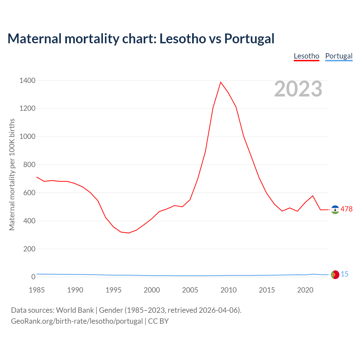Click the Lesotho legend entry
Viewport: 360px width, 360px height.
[x=306, y=56]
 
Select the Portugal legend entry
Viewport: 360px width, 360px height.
[x=339, y=56]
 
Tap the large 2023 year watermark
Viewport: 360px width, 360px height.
[x=298, y=89]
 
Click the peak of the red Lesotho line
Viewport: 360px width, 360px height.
[x=221, y=82]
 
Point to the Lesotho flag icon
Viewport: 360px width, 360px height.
[x=335, y=210]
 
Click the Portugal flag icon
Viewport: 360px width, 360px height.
[x=335, y=274]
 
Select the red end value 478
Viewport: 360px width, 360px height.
[x=346, y=209]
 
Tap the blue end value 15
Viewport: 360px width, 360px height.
[x=345, y=274]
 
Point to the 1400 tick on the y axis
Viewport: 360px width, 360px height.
[x=27, y=81]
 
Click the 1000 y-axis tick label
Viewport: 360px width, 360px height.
[x=27, y=137]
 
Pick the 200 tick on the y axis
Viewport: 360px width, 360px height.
[x=29, y=249]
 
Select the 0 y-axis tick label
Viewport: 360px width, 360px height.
[x=33, y=277]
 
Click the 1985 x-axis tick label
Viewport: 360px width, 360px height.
[x=37, y=290]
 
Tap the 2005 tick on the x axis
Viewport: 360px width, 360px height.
[x=190, y=290]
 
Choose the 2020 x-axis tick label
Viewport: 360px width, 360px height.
[x=305, y=290]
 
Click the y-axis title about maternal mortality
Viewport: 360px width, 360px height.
[x=12, y=174]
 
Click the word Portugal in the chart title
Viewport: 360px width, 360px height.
[x=249, y=39]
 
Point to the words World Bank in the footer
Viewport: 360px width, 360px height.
[x=75, y=310]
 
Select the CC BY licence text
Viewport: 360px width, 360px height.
[x=158, y=321]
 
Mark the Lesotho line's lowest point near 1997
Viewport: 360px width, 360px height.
[x=129, y=233]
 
